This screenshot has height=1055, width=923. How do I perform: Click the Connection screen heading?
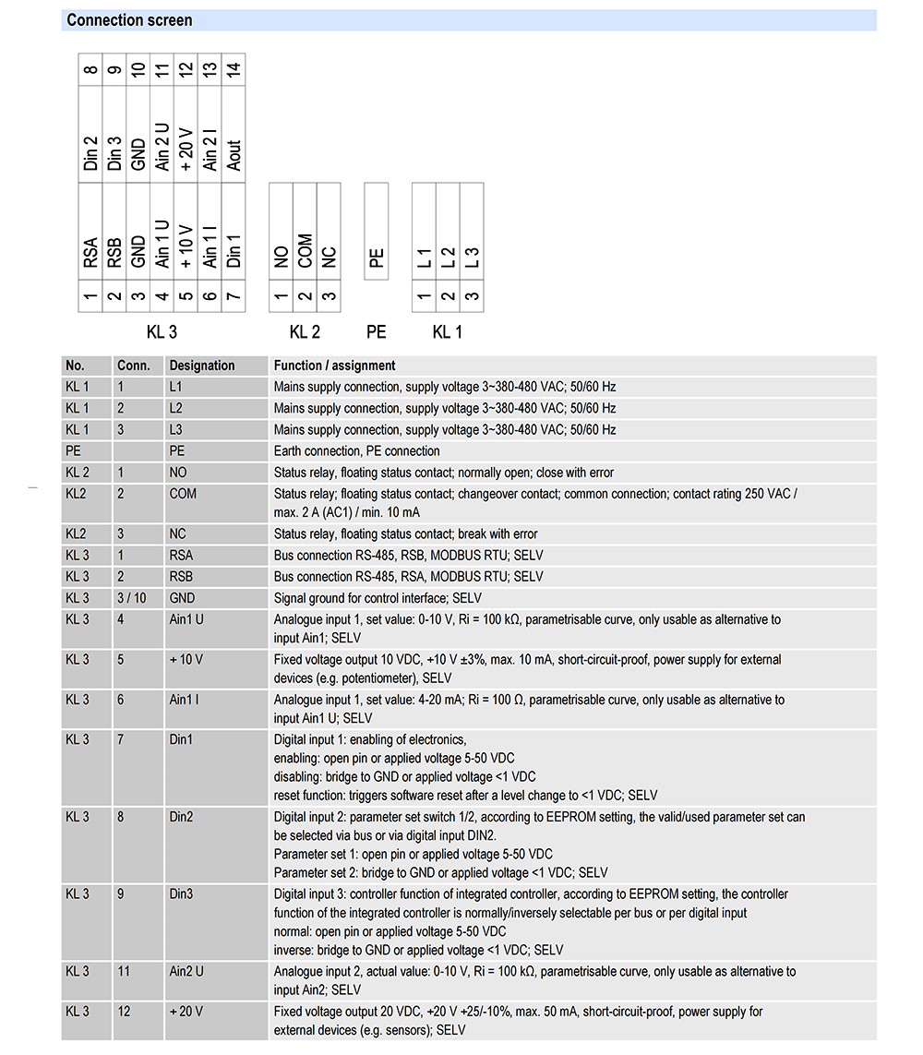pyautogui.click(x=130, y=20)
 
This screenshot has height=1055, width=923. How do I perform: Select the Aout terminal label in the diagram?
pyautogui.click(x=234, y=155)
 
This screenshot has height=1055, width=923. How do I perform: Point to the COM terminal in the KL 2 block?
pyautogui.click(x=305, y=251)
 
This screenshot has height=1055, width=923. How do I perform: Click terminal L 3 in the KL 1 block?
pyautogui.click(x=472, y=258)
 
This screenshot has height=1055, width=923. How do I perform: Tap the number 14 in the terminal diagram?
pyautogui.click(x=234, y=69)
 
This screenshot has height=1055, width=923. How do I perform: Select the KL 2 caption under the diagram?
pyautogui.click(x=305, y=332)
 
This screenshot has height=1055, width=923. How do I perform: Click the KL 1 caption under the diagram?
pyautogui.click(x=448, y=332)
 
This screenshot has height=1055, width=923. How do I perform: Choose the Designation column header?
pyautogui.click(x=202, y=366)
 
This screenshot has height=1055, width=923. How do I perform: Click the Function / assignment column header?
pyautogui.click(x=334, y=366)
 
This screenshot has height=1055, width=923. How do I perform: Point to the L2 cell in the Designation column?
pyautogui.click(x=177, y=408)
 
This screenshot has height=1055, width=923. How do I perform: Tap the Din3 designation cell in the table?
pyautogui.click(x=182, y=894)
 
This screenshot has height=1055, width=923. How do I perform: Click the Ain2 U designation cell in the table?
pyautogui.click(x=186, y=972)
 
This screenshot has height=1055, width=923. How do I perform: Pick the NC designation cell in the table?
pyautogui.click(x=178, y=534)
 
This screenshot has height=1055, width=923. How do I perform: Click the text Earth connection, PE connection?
pyautogui.click(x=356, y=451)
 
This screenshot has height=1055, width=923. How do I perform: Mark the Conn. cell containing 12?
pyautogui.click(x=124, y=1012)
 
